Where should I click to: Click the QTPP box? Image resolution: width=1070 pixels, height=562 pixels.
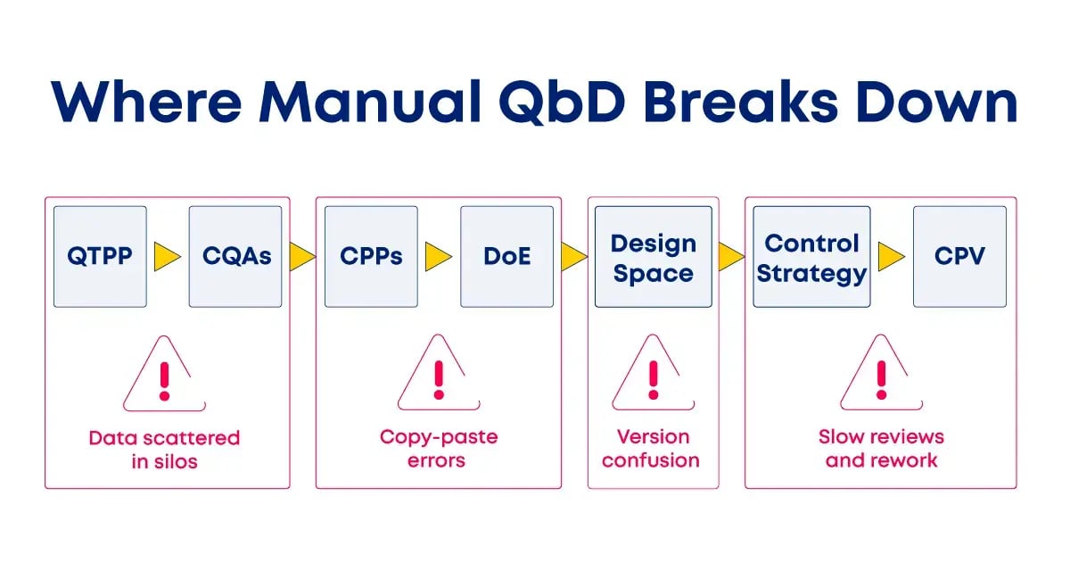[x=100, y=257]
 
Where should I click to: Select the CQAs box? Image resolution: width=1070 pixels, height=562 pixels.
[x=235, y=257]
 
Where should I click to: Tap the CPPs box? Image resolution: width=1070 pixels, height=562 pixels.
[x=371, y=257]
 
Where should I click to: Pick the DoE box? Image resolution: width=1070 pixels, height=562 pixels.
[x=506, y=257]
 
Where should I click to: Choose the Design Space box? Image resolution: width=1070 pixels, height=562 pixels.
[x=654, y=257]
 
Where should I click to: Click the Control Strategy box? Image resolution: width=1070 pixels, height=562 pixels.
[x=811, y=257]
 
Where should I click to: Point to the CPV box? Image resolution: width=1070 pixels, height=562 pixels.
[x=959, y=257]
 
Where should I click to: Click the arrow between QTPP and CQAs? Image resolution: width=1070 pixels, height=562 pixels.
[x=167, y=257]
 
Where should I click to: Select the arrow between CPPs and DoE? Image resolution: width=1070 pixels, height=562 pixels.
[x=438, y=257]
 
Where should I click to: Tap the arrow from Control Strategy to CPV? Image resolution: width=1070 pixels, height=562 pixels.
[x=891, y=257]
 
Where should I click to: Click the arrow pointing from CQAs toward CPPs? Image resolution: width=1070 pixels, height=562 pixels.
[x=302, y=257]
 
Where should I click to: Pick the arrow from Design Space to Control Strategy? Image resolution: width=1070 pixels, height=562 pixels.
[x=731, y=257]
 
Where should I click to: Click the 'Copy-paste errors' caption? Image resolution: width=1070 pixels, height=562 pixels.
[x=438, y=449]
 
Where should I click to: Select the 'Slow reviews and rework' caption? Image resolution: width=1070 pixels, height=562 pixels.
[x=881, y=449]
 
